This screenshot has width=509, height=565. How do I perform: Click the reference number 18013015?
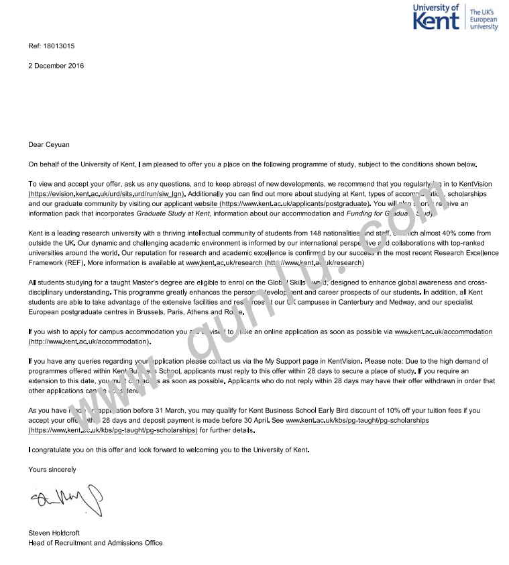pos(59,46)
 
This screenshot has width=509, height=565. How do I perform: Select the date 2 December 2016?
pos(56,66)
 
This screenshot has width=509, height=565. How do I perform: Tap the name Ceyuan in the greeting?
pos(58,144)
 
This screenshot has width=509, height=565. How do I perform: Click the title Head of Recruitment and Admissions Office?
pos(95,543)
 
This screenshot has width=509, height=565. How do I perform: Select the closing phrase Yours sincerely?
pos(52,470)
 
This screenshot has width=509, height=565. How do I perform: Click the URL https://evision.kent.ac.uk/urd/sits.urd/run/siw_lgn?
pos(107,193)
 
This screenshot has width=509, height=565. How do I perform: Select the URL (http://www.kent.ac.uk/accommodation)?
pos(90,342)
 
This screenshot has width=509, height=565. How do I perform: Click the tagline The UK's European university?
pos(484,20)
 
